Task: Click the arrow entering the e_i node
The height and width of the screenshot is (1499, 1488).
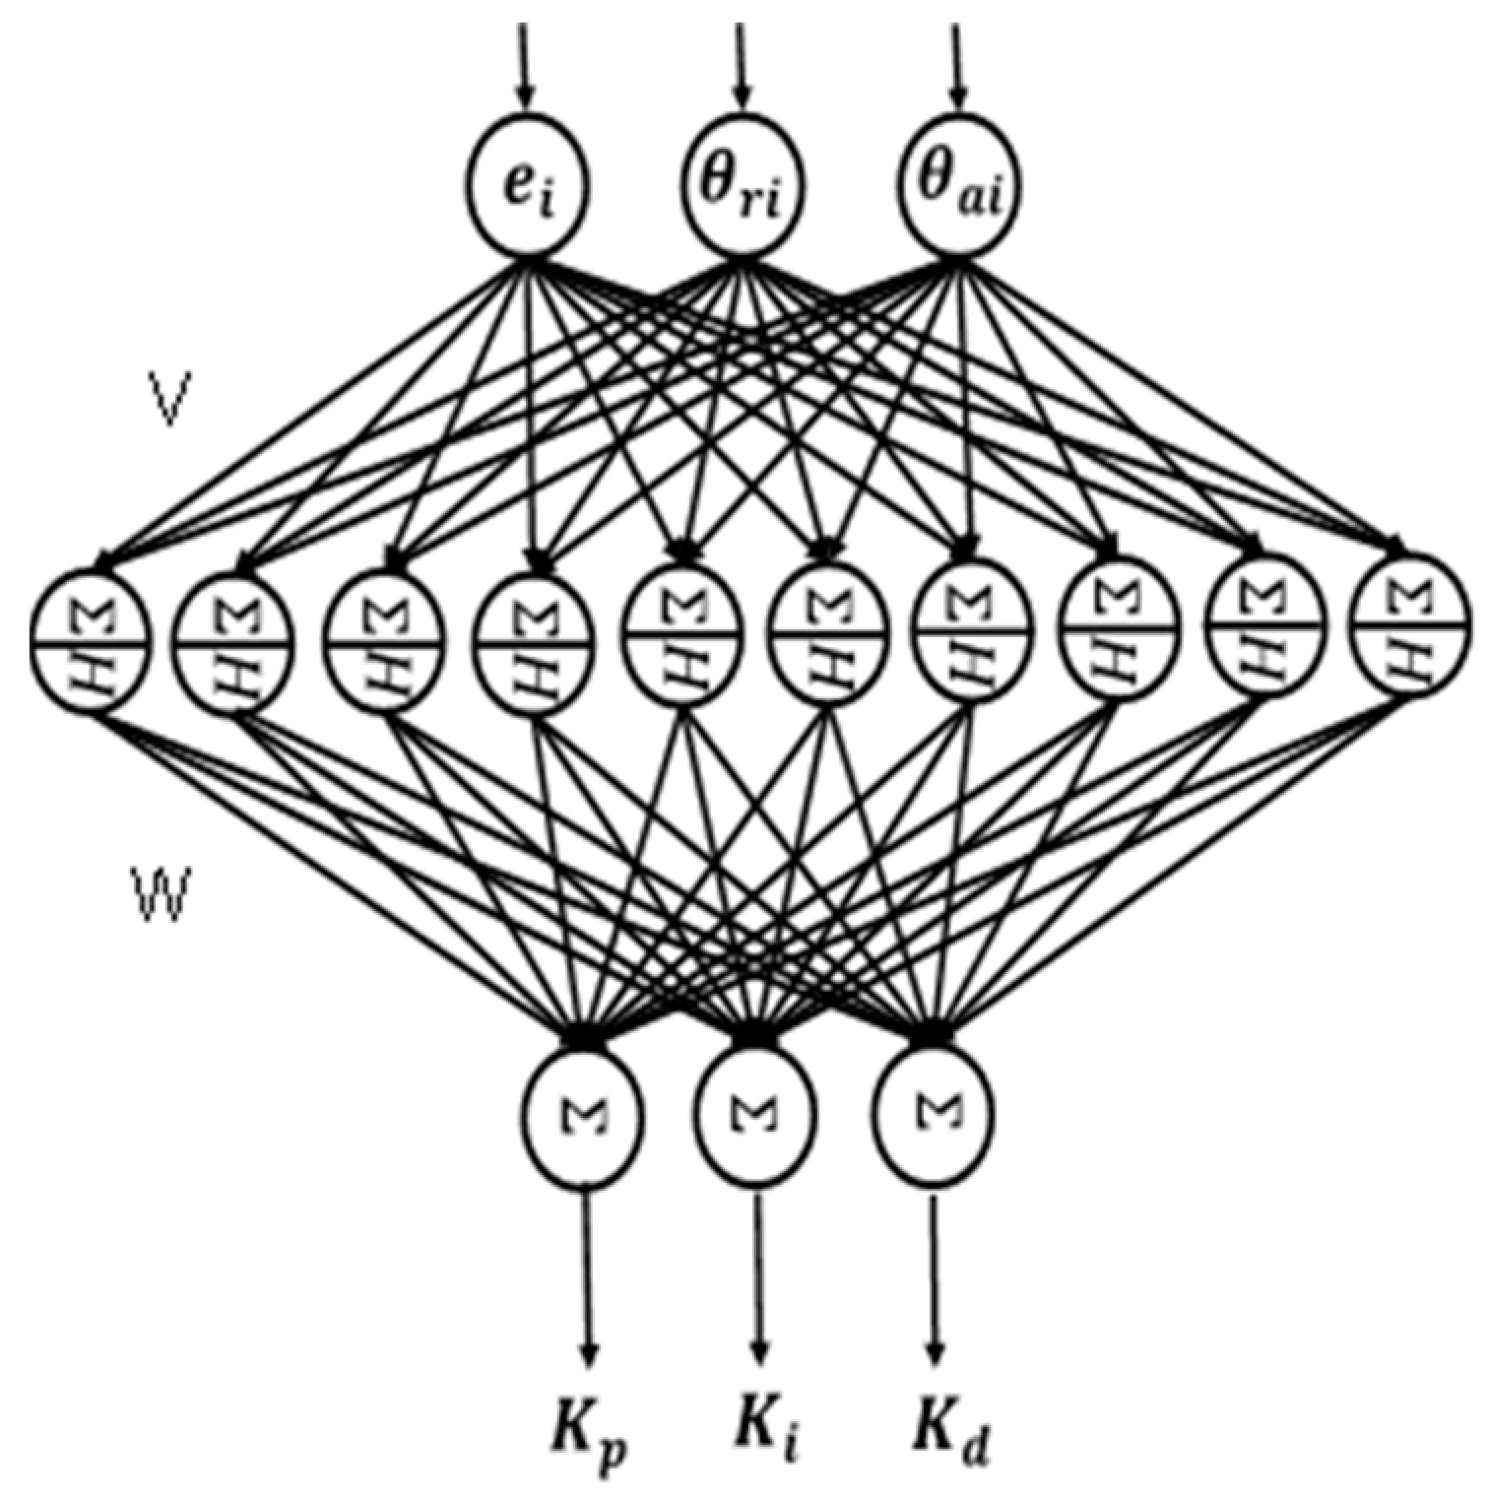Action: pyautogui.click(x=524, y=64)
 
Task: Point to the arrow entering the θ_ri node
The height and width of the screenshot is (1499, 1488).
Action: pyautogui.click(x=742, y=64)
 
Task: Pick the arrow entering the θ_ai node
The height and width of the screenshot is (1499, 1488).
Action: pyautogui.click(x=956, y=64)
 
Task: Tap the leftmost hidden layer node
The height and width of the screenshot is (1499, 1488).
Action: pyautogui.click(x=90, y=640)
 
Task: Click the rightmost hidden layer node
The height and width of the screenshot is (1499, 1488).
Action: pyautogui.click(x=1411, y=631)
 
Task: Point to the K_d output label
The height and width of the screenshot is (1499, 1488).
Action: pyautogui.click(x=947, y=1440)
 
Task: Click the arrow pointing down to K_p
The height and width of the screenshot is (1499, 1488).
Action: pyautogui.click(x=589, y=1280)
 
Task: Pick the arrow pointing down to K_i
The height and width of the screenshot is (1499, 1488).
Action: pyautogui.click(x=759, y=1280)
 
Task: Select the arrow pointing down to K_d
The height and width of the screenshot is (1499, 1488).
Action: pyautogui.click(x=935, y=1280)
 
